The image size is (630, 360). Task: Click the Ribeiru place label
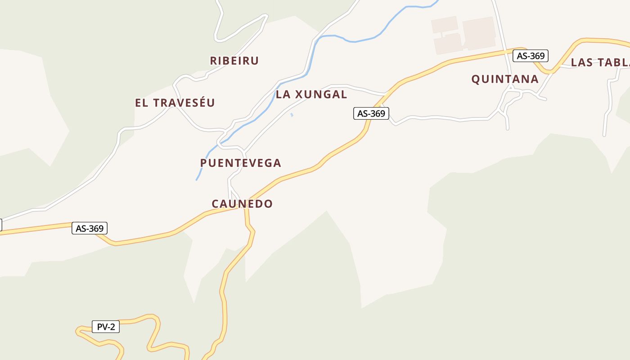click(234, 61)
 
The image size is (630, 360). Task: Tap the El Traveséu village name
click(175, 103)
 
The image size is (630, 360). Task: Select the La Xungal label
click(311, 94)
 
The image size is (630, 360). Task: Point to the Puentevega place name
click(240, 163)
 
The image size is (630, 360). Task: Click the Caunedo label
click(242, 204)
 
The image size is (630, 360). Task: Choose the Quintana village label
click(504, 79)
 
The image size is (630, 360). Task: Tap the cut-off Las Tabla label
click(600, 63)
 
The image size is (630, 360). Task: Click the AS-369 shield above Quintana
click(531, 56)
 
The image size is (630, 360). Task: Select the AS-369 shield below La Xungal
click(371, 113)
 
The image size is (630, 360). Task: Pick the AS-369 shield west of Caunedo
click(90, 229)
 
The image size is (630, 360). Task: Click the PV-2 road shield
click(106, 327)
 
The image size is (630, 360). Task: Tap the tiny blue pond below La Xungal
click(292, 115)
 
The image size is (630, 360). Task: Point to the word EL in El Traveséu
click(142, 103)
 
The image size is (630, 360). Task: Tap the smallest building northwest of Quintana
click(444, 25)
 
